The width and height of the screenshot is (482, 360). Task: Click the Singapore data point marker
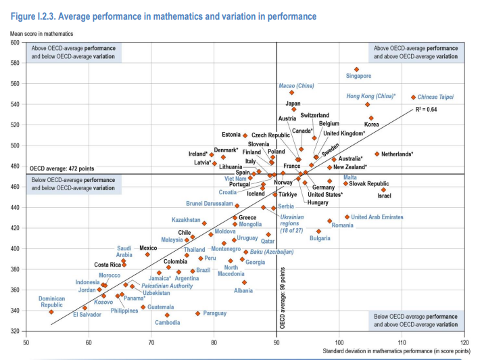[357, 69]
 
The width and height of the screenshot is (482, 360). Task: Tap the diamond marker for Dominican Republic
[51, 311]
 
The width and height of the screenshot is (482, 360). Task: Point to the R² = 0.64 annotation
[428, 109]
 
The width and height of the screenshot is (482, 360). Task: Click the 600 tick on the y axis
[14, 43]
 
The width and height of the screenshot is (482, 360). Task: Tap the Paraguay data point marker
[198, 313]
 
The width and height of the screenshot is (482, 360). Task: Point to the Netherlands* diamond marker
[377, 154]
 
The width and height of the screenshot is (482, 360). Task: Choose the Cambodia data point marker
[167, 315]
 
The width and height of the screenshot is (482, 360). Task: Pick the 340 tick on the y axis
[14, 311]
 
